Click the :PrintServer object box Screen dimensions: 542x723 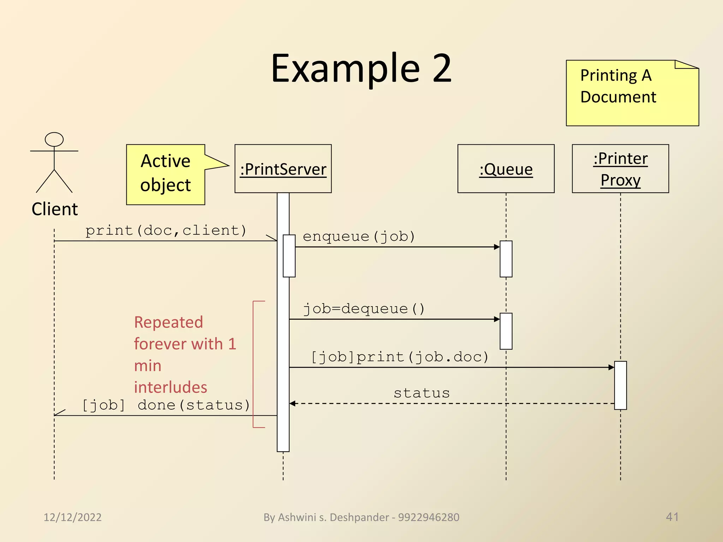point(283,169)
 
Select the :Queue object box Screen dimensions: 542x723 point(506,169)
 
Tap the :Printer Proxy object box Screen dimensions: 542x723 point(620,169)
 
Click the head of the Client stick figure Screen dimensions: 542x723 point(54,139)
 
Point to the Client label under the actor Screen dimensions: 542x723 point(54,209)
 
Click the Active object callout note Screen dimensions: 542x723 point(166,174)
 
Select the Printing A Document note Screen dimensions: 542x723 point(632,93)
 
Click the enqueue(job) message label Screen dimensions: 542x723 point(359,236)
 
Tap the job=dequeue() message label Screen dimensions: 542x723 point(364,309)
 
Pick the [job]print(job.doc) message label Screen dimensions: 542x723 point(400,357)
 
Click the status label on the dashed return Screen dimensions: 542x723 point(422,393)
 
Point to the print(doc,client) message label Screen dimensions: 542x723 point(166,230)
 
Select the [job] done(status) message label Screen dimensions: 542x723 point(166,405)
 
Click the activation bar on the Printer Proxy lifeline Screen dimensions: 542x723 point(620,385)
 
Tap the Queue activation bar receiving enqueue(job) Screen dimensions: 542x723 point(506,259)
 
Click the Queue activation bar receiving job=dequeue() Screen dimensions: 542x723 point(506,331)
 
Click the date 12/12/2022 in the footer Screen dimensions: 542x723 point(72,517)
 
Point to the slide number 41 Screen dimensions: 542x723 point(672,517)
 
